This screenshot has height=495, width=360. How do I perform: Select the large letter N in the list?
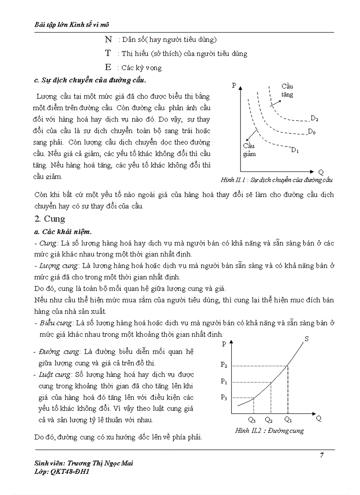click(x=108, y=40)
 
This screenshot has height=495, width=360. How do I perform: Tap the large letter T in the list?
click(x=108, y=53)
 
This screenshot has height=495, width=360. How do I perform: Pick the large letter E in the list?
click(x=108, y=67)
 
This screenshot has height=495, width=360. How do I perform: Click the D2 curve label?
click(x=314, y=118)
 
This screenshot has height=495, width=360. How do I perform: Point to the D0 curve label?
click(x=311, y=132)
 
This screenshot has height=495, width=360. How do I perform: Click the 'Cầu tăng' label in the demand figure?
click(x=287, y=90)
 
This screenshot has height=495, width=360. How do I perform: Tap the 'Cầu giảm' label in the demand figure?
click(x=249, y=150)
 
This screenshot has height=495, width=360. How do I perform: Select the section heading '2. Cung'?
click(x=49, y=219)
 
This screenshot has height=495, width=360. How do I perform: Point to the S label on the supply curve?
click(x=306, y=339)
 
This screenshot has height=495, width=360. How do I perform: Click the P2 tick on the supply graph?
click(x=224, y=365)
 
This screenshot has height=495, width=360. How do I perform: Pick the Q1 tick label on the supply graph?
click(x=288, y=419)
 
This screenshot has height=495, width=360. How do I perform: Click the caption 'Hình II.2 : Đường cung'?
click(x=269, y=431)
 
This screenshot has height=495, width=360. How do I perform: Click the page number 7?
click(x=322, y=455)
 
